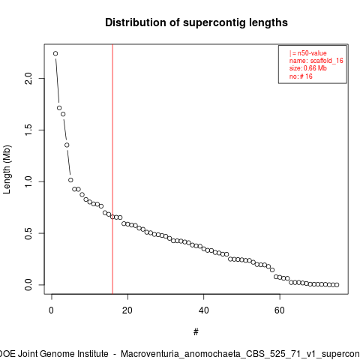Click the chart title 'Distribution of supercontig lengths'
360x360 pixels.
pyautogui.click(x=196, y=22)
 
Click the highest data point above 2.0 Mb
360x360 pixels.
pyautogui.click(x=55, y=53)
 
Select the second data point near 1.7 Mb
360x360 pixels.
pyautogui.click(x=59, y=108)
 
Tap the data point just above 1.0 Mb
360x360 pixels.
pyautogui.click(x=70, y=180)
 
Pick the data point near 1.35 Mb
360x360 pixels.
pyautogui.click(x=67, y=145)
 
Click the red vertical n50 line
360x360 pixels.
pyautogui.click(x=112, y=169)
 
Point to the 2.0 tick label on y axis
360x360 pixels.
pyautogui.click(x=28, y=78)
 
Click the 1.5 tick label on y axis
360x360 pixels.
pyautogui.click(x=28, y=130)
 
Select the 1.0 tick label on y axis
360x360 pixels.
pyautogui.click(x=28, y=181)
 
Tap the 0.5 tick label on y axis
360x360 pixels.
pyautogui.click(x=28, y=233)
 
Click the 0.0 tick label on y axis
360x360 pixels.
pyautogui.click(x=28, y=285)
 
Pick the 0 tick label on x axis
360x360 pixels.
pyautogui.click(x=52, y=310)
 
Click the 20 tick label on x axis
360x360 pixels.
pyautogui.click(x=127, y=310)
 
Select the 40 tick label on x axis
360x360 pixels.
pyautogui.click(x=204, y=310)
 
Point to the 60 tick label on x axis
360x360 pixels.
pyautogui.click(x=280, y=310)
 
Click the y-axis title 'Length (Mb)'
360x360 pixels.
pyautogui.click(x=7, y=169)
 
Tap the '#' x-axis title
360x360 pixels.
pyautogui.click(x=196, y=332)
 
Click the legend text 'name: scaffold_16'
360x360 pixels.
pyautogui.click(x=316, y=61)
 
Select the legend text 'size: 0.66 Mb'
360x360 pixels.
pyautogui.click(x=308, y=68)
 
